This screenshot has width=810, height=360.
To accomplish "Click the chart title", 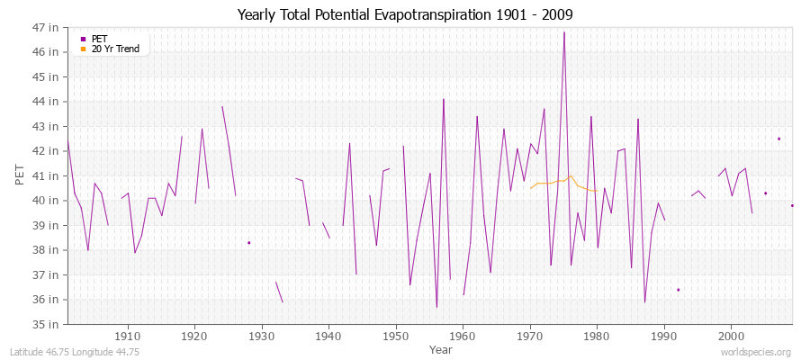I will (x=405, y=15).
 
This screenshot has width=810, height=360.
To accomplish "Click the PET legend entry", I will (x=99, y=39).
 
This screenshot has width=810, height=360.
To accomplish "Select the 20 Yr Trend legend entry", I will (x=115, y=49).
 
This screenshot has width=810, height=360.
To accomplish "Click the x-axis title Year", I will (x=441, y=348).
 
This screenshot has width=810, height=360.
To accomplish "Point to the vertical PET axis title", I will (x=21, y=175).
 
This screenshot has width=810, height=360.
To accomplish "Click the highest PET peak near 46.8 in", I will (x=564, y=32).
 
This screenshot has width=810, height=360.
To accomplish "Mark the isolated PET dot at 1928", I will (x=248, y=242).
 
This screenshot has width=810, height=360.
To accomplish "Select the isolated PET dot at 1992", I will (x=678, y=290).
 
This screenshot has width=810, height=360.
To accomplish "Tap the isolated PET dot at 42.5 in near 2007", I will (x=778, y=139).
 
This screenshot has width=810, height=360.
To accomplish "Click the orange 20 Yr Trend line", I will (x=558, y=182).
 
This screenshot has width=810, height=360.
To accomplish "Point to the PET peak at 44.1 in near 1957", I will (x=444, y=99).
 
